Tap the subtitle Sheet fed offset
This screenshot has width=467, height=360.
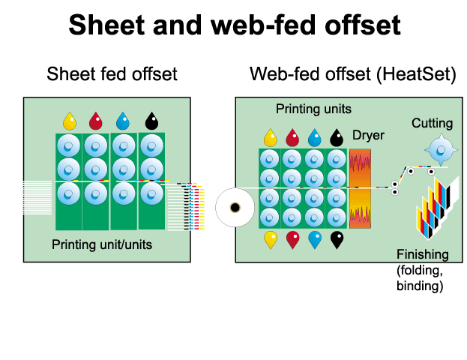[x=112, y=74]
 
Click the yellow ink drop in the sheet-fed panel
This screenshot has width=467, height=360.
[x=70, y=121]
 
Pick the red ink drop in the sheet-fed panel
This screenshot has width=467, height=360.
[x=96, y=121]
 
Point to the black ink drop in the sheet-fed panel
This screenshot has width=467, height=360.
[x=151, y=121]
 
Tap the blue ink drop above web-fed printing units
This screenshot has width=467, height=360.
[x=314, y=136]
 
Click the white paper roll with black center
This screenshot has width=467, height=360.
[x=235, y=206]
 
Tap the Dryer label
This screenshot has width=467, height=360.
[x=368, y=136]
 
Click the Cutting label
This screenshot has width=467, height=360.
[x=432, y=123]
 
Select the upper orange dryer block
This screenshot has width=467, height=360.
[x=361, y=167]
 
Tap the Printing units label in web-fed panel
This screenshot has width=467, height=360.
[x=313, y=109]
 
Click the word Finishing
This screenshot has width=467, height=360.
[x=422, y=254]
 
